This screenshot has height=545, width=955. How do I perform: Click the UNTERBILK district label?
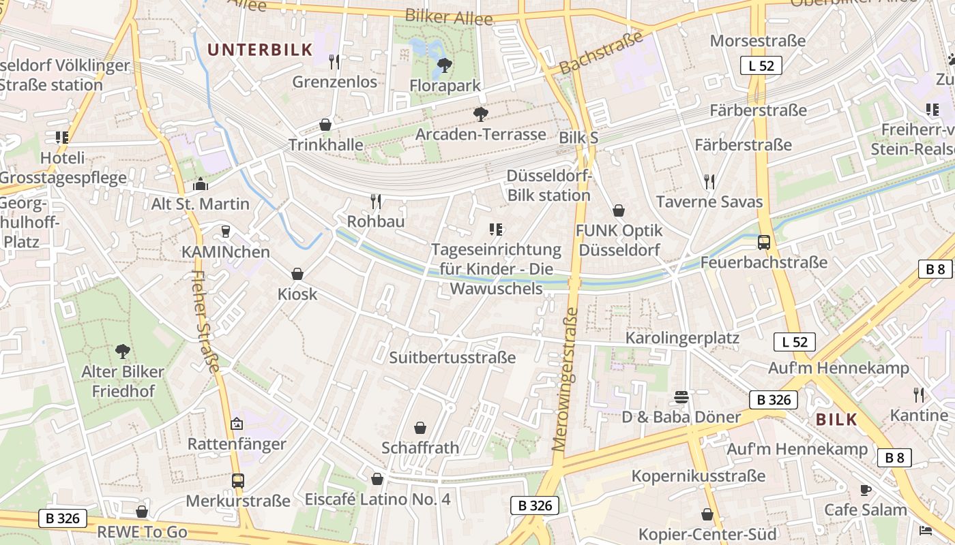click(x=260, y=49)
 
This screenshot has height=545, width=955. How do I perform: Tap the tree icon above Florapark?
click(x=445, y=65)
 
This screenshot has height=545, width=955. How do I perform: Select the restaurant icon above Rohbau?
click(x=376, y=201)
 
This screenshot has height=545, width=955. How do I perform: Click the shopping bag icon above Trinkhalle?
click(x=325, y=125)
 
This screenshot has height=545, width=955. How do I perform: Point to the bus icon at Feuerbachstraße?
click(x=764, y=242)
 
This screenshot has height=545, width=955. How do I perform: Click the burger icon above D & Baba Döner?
click(x=681, y=396)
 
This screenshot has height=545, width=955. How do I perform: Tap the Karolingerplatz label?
click(x=683, y=338)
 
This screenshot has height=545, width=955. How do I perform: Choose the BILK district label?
click(x=836, y=420)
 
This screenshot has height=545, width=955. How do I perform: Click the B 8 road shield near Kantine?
click(x=894, y=458)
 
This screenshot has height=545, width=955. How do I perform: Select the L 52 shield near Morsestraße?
click(x=761, y=65)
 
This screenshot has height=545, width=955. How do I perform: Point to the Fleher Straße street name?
click(x=205, y=322)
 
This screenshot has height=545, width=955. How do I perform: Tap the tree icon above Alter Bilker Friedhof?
click(x=123, y=352)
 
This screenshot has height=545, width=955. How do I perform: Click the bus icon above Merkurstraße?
click(x=237, y=480)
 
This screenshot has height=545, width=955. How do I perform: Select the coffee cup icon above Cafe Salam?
click(x=866, y=490)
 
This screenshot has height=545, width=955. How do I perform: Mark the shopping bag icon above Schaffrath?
click(x=420, y=428)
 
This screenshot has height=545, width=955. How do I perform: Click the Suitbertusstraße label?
click(x=452, y=358)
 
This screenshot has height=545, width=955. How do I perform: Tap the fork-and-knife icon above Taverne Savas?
click(x=709, y=181)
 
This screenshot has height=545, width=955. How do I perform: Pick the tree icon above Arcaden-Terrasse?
click(x=481, y=114)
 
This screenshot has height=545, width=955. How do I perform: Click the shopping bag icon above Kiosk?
click(x=297, y=274)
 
